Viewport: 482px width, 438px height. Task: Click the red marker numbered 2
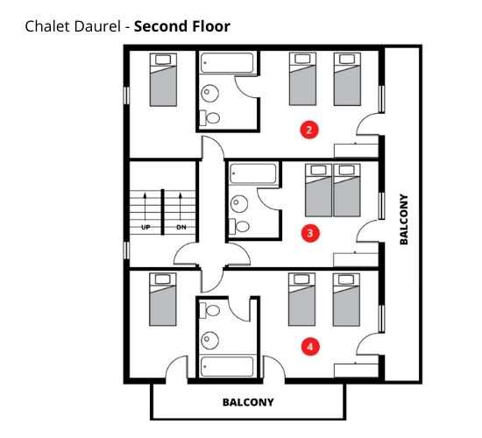tap(308, 130)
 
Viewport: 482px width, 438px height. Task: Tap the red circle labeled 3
tap(308, 233)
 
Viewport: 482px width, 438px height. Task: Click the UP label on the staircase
tap(145, 228)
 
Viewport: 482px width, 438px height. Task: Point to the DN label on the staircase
tap(181, 228)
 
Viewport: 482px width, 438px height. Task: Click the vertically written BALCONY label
tap(404, 219)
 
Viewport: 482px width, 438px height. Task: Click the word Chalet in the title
tap(46, 26)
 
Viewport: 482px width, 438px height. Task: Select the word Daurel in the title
tap(97, 26)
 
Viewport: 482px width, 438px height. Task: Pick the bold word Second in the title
tap(160, 26)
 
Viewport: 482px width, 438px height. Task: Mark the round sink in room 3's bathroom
tap(237, 204)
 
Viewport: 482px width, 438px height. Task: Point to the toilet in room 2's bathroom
tap(211, 117)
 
